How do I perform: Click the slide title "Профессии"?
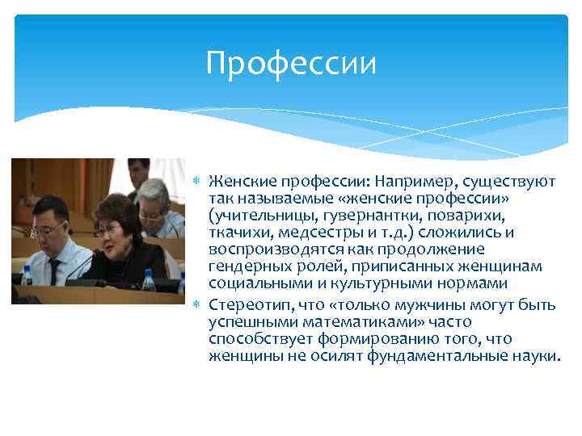[x=291, y=63]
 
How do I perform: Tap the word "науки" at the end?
[x=535, y=356]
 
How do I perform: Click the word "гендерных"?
[x=244, y=267]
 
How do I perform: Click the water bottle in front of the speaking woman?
[x=148, y=283]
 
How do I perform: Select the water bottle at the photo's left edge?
[x=27, y=275]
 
